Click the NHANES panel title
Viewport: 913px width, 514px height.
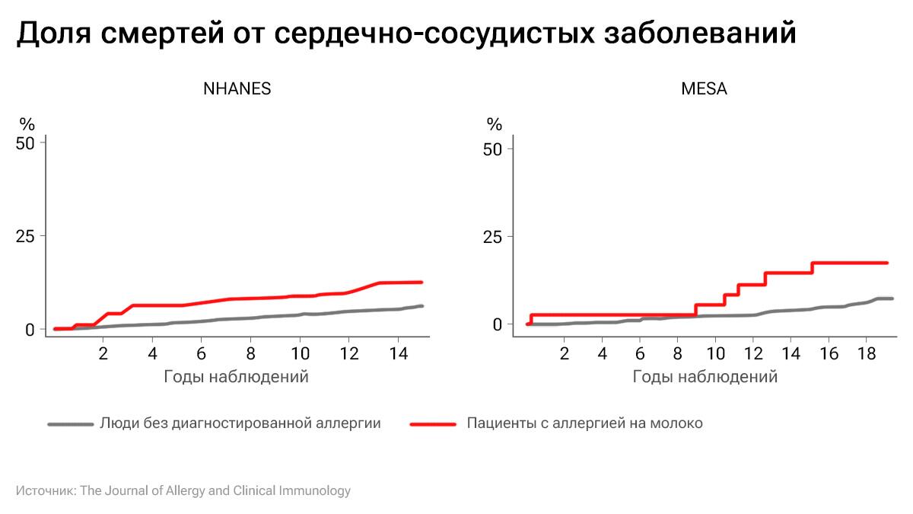(237, 88)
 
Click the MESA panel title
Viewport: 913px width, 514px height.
(704, 88)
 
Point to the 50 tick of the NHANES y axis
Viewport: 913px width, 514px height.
(26, 142)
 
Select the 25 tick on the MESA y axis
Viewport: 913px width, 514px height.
(494, 236)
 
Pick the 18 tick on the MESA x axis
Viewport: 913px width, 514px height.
(867, 354)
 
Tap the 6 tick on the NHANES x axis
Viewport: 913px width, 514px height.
(202, 354)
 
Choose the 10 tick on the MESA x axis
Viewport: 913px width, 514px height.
(715, 354)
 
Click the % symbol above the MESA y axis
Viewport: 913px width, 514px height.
(495, 124)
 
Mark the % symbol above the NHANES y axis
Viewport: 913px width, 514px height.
(27, 124)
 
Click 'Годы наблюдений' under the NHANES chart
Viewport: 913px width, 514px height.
(236, 376)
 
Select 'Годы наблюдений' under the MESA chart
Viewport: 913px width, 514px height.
(705, 376)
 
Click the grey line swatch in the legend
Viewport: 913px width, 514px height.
(70, 423)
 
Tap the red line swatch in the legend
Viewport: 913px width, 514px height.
(433, 423)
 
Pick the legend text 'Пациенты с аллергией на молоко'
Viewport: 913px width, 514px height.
(584, 423)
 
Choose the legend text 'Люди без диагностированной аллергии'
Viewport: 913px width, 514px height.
(240, 423)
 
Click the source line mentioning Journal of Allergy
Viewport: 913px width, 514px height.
(183, 490)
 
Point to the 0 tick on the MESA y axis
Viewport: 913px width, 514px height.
(498, 324)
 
